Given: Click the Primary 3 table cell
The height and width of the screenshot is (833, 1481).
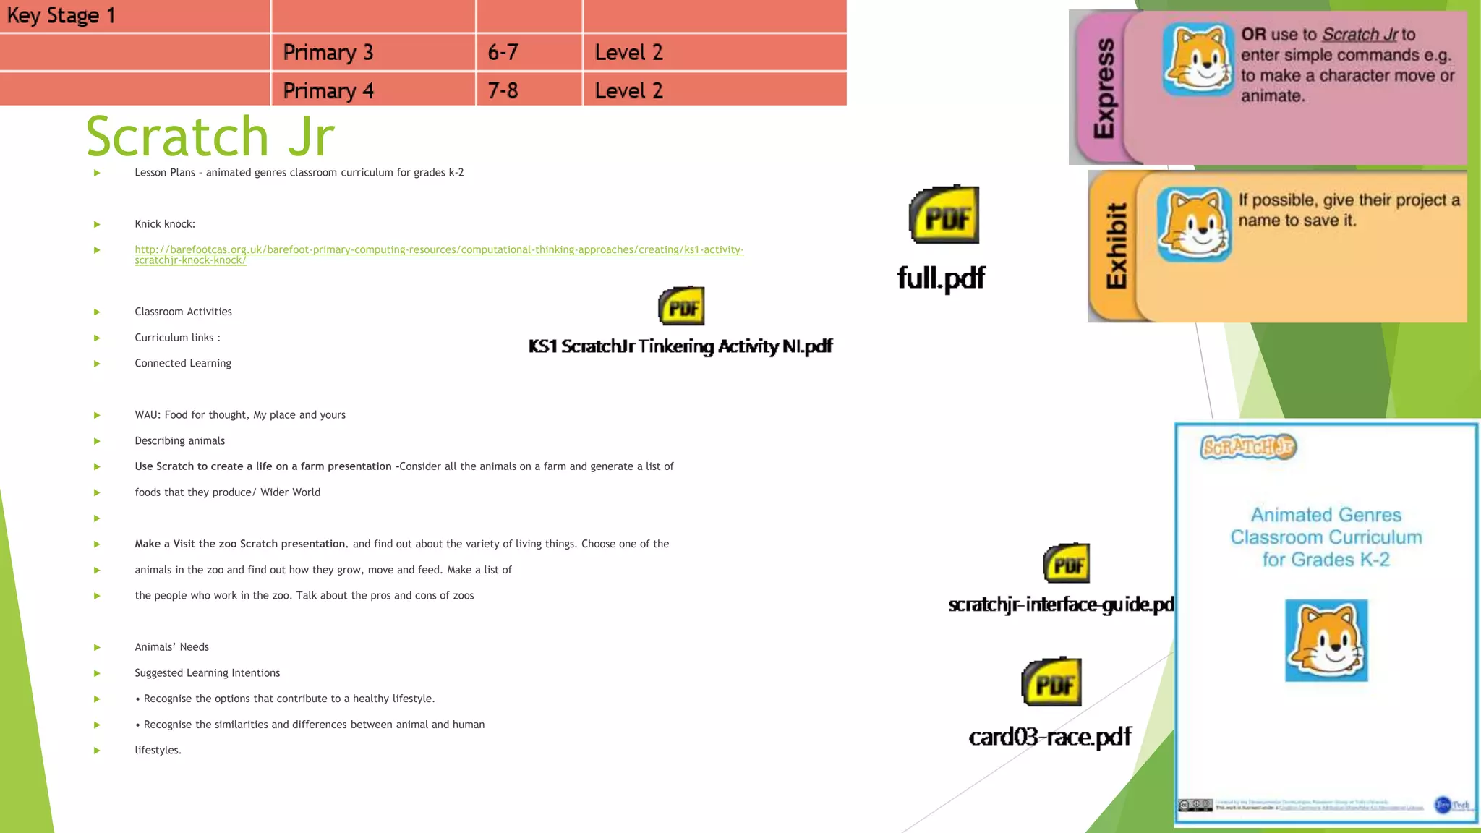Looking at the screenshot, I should pyautogui.click(x=328, y=52).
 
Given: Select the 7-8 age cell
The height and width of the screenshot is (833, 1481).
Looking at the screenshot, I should pyautogui.click(x=503, y=90).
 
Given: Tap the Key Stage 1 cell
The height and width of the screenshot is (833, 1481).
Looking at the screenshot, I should pyautogui.click(x=61, y=15).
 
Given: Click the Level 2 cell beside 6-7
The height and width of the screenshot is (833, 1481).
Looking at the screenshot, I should pyautogui.click(x=628, y=52).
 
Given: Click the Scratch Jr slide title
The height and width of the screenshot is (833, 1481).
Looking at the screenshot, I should pyautogui.click(x=210, y=136).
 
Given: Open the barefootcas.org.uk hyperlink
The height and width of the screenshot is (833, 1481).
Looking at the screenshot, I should pyautogui.click(x=438, y=250).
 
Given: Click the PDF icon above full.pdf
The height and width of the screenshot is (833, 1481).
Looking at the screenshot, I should pyautogui.click(x=944, y=215).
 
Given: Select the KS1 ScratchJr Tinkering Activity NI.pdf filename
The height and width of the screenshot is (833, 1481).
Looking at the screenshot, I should pyautogui.click(x=680, y=346).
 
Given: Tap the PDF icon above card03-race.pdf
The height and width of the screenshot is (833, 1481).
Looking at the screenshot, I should pyautogui.click(x=1051, y=682).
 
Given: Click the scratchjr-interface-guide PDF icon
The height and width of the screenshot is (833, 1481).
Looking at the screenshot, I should pyautogui.click(x=1067, y=563).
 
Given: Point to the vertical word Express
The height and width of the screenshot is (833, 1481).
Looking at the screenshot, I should pyautogui.click(x=1104, y=88).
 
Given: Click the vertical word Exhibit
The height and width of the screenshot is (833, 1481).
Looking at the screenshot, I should pyautogui.click(x=1117, y=246).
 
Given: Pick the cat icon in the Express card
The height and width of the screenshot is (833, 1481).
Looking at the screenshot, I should pyautogui.click(x=1198, y=59).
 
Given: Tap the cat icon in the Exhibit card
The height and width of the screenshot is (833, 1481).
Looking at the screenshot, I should pyautogui.click(x=1194, y=224).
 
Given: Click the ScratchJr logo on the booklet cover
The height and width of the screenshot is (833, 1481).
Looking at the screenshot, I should pyautogui.click(x=1248, y=447).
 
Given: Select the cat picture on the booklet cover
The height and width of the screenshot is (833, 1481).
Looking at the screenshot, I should pyautogui.click(x=1326, y=641).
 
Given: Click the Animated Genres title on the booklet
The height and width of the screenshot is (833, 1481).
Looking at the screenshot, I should pyautogui.click(x=1326, y=537).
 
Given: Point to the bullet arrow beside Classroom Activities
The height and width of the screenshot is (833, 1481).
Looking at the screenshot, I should pyautogui.click(x=97, y=312).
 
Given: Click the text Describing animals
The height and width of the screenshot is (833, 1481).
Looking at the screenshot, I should pyautogui.click(x=179, y=441).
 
